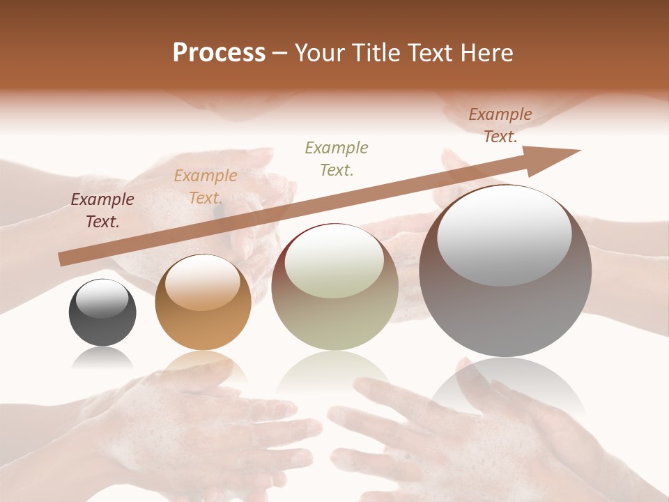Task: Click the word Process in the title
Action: [219, 53]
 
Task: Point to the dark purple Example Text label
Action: [102, 211]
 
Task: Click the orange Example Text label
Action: [206, 187]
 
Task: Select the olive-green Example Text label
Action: [337, 158]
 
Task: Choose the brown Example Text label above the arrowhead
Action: [500, 125]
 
